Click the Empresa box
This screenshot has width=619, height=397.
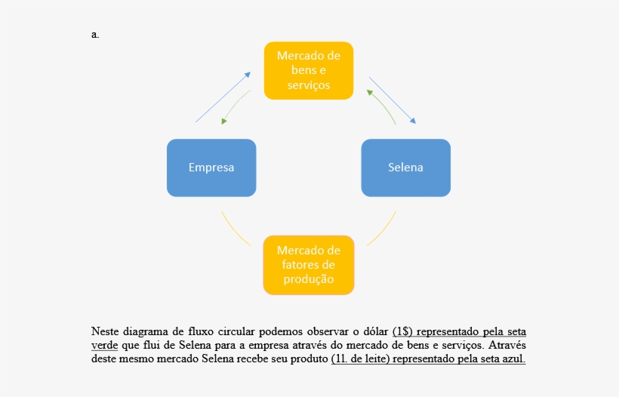click(211, 168)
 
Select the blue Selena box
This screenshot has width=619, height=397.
click(405, 168)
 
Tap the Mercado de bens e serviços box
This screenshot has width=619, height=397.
click(309, 70)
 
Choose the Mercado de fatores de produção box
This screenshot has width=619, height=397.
click(309, 265)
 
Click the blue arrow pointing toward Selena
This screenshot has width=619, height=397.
click(392, 100)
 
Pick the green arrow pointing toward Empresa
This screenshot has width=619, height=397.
click(236, 106)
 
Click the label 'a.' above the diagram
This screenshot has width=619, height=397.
click(95, 34)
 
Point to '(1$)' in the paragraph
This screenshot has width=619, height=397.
click(402, 331)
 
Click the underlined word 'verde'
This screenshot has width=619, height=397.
click(104, 345)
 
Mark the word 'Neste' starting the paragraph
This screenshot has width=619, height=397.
click(106, 331)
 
